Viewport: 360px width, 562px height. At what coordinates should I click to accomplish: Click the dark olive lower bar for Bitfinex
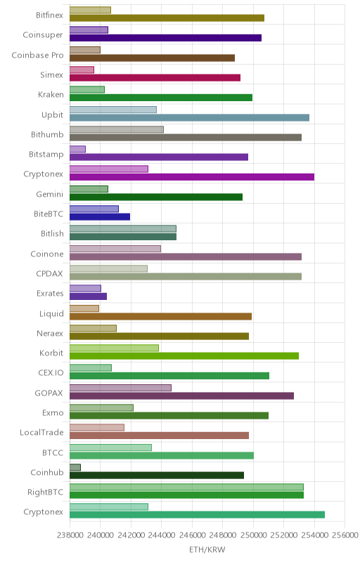click(167, 18)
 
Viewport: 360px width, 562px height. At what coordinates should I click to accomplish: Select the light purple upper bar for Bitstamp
click(77, 149)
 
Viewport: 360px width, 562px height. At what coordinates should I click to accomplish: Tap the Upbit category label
click(52, 115)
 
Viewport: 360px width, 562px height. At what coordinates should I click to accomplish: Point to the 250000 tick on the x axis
click(253, 535)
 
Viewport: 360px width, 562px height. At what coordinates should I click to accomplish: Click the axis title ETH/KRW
click(207, 549)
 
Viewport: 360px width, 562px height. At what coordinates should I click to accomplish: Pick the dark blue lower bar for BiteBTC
click(100, 216)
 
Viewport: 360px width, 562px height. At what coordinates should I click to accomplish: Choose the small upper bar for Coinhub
click(75, 467)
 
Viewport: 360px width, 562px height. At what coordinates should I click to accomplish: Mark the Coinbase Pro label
click(38, 55)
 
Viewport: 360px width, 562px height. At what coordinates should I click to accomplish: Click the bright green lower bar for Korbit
click(184, 356)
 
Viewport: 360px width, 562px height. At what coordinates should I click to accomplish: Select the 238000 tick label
click(70, 535)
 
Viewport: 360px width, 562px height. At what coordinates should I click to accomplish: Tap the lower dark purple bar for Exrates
click(88, 296)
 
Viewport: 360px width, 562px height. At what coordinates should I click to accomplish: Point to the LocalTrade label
click(41, 433)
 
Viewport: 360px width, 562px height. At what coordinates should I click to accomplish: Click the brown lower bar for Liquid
click(160, 316)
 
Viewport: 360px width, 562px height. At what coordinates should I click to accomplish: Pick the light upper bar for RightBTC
click(186, 487)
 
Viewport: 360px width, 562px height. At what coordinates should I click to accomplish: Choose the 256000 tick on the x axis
click(345, 535)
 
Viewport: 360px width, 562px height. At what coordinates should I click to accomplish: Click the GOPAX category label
click(49, 393)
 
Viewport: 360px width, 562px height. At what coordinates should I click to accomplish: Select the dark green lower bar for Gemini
click(156, 197)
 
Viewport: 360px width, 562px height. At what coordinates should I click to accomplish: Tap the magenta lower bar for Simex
click(155, 78)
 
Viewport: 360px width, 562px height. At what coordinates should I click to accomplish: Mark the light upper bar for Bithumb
click(117, 129)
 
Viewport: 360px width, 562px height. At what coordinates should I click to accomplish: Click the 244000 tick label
click(161, 535)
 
